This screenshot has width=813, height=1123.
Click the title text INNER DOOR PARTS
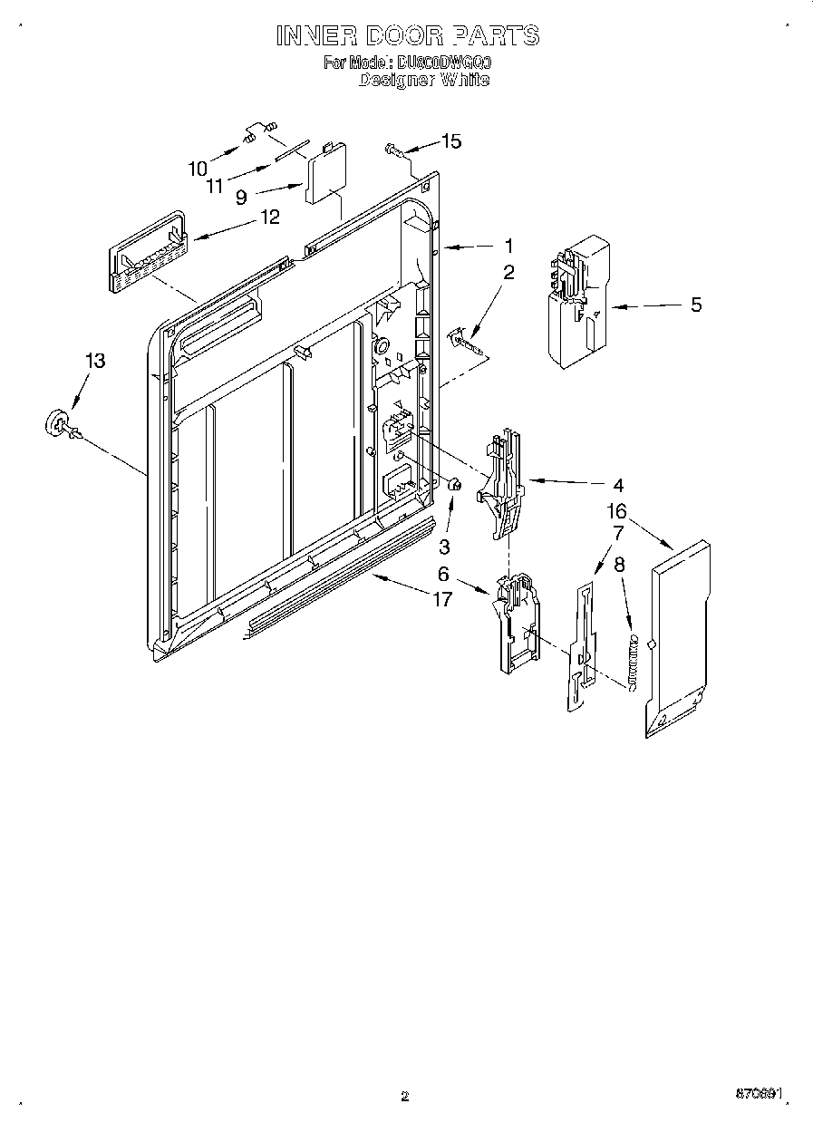[x=407, y=35]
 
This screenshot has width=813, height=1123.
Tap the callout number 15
[x=450, y=140]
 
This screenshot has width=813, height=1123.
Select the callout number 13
[x=94, y=361]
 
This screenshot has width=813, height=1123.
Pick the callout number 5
[x=695, y=305]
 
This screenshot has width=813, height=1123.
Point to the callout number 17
[x=441, y=599]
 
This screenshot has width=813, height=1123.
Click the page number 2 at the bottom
[x=405, y=1096]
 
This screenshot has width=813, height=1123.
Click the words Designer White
[x=423, y=80]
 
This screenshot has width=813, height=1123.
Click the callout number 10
[x=198, y=168]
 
